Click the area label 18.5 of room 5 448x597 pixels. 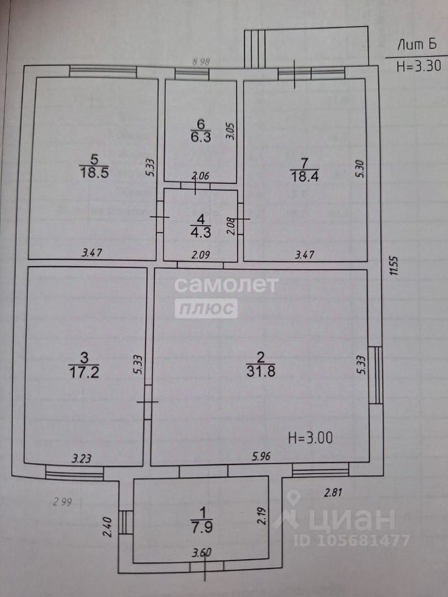click(94, 174)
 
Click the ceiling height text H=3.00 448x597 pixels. click(310, 437)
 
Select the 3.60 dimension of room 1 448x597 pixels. click(201, 552)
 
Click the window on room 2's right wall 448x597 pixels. click(376, 375)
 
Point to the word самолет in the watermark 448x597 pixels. click(225, 285)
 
